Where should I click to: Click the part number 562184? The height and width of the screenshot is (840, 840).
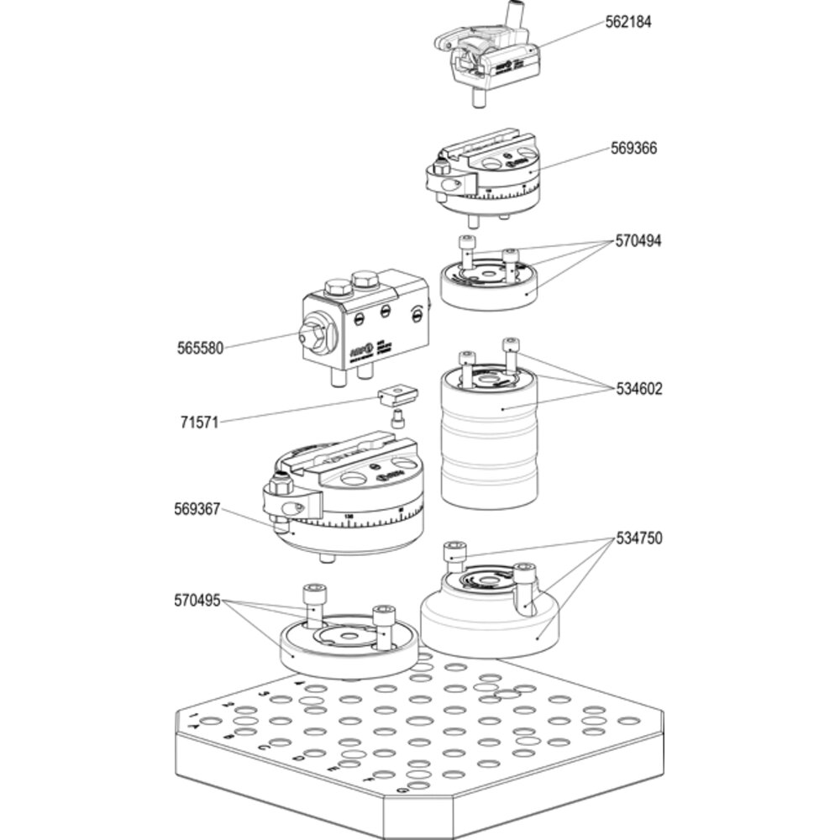pyautogui.click(x=627, y=22)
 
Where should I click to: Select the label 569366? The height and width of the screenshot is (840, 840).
pyautogui.click(x=633, y=149)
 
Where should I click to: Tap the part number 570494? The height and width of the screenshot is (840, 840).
pyautogui.click(x=638, y=241)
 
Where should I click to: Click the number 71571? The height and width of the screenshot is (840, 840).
pyautogui.click(x=200, y=422)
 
